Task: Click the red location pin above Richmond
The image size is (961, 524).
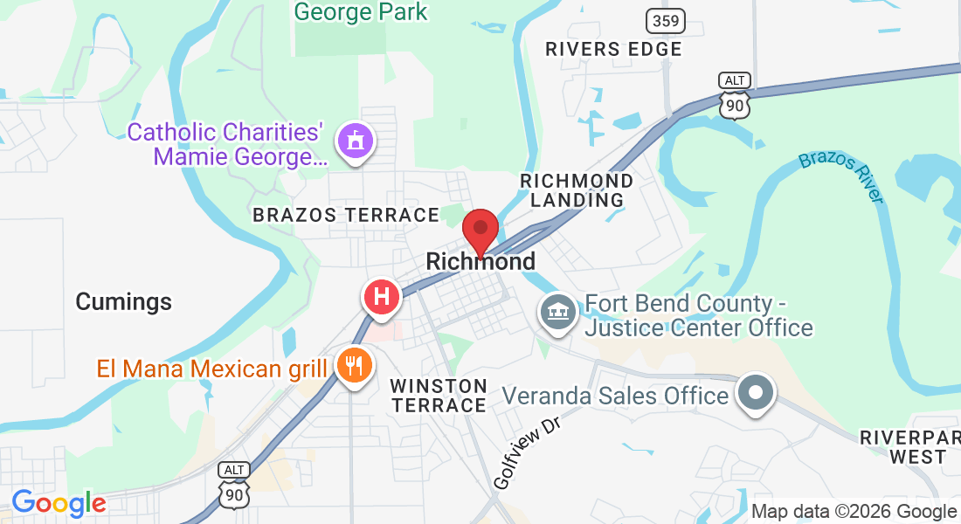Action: [480, 231]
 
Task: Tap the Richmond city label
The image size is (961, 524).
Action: [480, 262]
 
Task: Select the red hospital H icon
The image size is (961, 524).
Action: [382, 297]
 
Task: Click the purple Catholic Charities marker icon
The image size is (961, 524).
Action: [356, 141]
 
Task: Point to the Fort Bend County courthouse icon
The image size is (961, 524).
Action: [557, 312]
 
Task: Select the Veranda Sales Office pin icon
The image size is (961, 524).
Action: [756, 392]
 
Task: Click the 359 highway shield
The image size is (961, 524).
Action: [666, 20]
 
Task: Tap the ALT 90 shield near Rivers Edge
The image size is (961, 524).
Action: [735, 94]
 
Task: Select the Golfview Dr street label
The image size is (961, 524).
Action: [526, 452]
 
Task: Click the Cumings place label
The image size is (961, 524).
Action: [123, 302]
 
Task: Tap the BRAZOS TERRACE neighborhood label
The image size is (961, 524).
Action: [346, 215]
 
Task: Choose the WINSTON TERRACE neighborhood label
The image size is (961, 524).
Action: [439, 396]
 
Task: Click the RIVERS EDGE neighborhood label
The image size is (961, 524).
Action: [613, 49]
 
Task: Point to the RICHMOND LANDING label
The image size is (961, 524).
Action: [577, 190]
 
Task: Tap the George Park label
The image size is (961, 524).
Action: [361, 12]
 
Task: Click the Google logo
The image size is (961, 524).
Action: [59, 502]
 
